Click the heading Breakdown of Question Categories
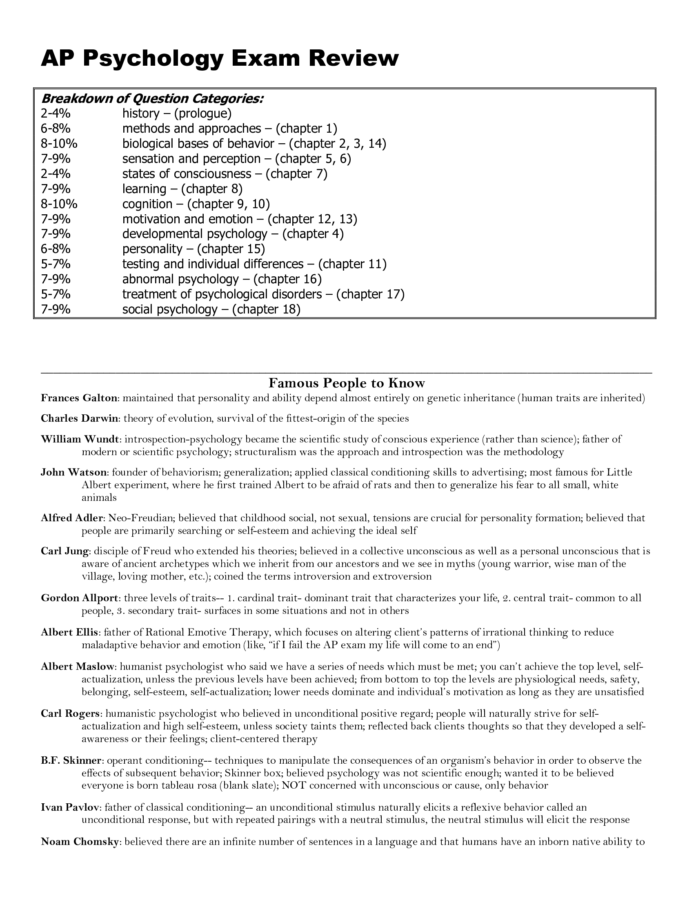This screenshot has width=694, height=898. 152,99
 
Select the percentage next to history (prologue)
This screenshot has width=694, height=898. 56,113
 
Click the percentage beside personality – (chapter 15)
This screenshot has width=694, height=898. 56,249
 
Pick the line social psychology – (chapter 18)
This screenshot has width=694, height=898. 211,309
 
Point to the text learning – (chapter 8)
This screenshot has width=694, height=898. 182,189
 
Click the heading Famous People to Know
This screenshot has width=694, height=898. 347,383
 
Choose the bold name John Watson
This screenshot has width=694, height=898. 74,472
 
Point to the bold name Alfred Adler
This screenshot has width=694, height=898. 73,518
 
